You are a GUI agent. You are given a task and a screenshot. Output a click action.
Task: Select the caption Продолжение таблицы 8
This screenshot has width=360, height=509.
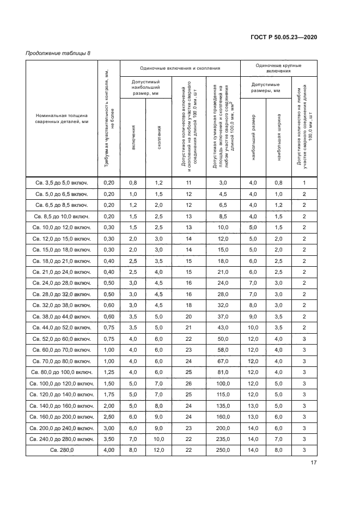[x=58, y=53]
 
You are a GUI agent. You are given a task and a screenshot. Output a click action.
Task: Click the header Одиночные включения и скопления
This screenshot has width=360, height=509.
[x=180, y=68]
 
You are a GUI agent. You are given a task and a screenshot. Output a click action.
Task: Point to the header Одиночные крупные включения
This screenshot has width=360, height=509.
[x=278, y=68]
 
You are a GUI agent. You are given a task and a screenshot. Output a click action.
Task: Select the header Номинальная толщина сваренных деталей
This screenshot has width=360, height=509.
[x=62, y=119]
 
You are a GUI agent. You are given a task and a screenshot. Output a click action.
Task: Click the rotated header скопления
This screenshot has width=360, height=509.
[x=159, y=138]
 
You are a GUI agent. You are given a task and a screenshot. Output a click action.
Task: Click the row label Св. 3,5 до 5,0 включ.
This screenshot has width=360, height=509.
[x=62, y=182]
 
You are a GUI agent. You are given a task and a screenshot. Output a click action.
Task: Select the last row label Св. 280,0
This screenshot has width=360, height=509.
[x=62, y=450]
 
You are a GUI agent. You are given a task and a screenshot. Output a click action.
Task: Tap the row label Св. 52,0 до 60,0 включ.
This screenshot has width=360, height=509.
[x=62, y=339]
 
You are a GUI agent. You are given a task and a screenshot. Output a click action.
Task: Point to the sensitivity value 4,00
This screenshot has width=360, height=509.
[x=108, y=450]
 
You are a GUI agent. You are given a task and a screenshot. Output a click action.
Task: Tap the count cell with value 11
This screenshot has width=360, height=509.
[x=189, y=182]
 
